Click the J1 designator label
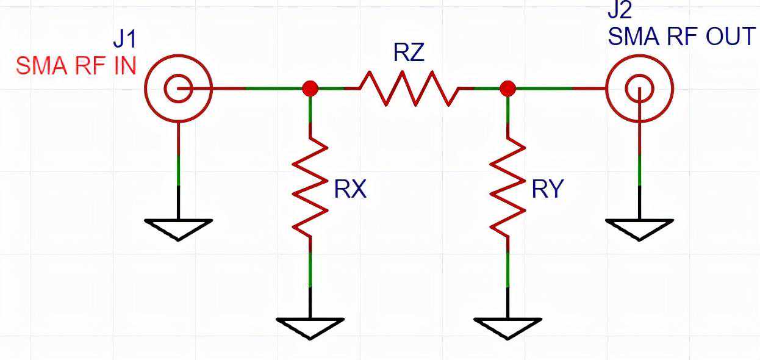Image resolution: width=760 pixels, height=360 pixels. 125,40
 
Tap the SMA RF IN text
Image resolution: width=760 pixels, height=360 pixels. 76,65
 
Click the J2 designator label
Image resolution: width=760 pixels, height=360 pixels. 620,11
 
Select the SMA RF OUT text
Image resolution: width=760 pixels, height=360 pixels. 681,37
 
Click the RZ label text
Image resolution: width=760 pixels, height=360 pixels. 408,53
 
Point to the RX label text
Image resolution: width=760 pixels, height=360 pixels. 350,190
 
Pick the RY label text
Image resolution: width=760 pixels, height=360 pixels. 547,190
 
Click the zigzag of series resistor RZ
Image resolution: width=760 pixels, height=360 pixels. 408,88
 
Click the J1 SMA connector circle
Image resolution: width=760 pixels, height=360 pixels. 178,88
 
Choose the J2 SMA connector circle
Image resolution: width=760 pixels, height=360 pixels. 639,88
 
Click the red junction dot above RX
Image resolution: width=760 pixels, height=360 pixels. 310,88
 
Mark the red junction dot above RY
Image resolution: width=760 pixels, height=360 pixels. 507,88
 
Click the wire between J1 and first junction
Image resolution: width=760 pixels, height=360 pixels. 256,88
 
